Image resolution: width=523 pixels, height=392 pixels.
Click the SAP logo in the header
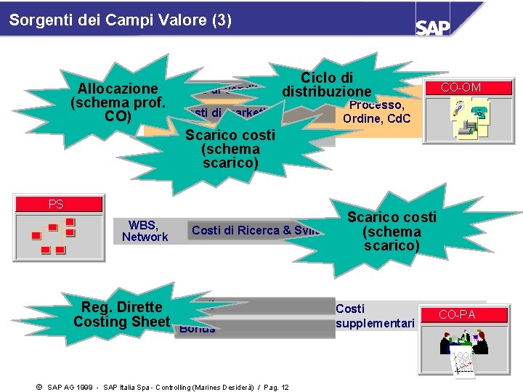click(x=434, y=27)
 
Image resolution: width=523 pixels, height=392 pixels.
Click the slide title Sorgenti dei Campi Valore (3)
click(x=121, y=20)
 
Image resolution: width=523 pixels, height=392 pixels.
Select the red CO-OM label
click(x=461, y=88)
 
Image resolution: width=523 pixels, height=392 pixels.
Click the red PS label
click(x=56, y=204)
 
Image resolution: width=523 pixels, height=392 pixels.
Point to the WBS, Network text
click(x=145, y=231)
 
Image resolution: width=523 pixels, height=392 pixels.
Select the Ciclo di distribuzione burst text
click(x=327, y=85)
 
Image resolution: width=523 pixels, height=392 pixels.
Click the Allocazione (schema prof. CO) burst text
click(x=118, y=102)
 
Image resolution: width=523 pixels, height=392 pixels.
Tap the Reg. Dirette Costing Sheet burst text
click(x=121, y=314)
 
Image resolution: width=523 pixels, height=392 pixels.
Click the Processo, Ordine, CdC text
click(x=376, y=112)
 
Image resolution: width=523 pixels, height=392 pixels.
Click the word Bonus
click(x=198, y=329)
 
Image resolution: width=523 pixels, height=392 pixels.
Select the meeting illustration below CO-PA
click(x=462, y=348)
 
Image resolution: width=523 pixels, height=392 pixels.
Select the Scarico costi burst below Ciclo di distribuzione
click(x=230, y=149)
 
